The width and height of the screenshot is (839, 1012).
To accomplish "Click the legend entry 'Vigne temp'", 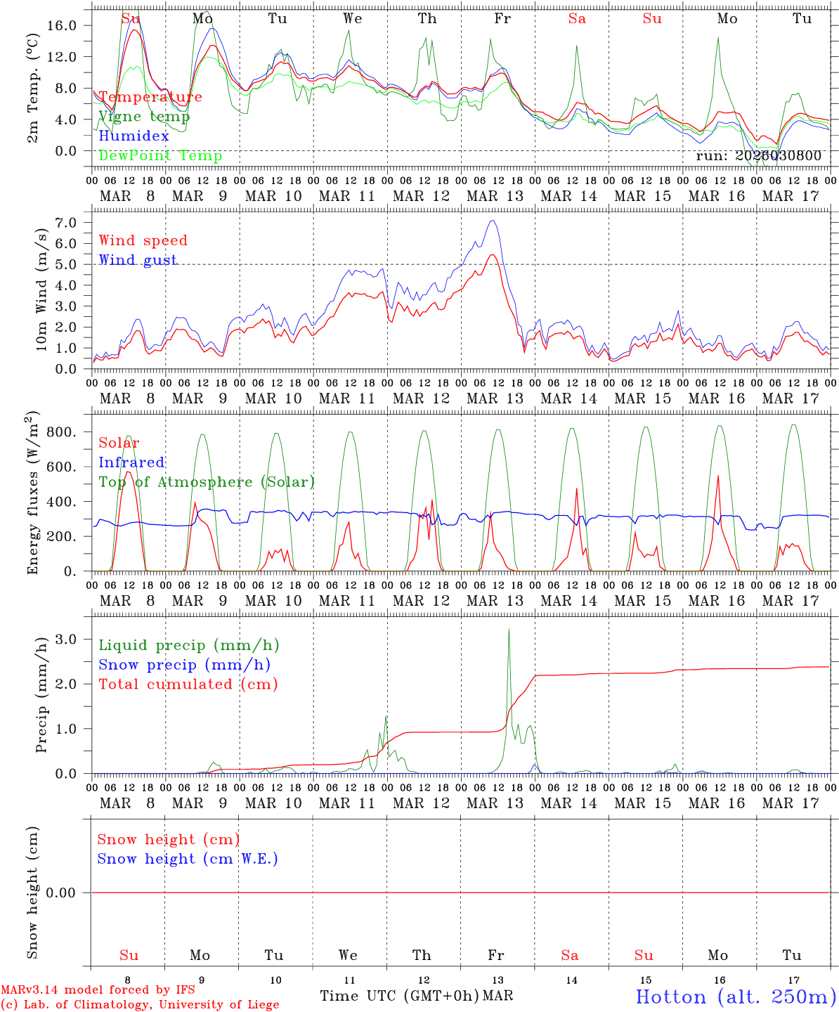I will [140, 117].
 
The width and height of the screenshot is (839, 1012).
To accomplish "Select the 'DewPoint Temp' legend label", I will [160, 156].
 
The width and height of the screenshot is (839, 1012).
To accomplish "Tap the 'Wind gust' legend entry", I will [138, 260].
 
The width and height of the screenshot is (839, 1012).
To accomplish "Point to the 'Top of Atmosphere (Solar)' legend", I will [206, 482].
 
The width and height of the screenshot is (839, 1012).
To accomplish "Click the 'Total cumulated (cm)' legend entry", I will [188, 685].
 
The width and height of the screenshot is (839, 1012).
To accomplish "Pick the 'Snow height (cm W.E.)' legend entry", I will [188, 859].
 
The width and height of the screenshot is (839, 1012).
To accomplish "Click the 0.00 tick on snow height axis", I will [66, 893].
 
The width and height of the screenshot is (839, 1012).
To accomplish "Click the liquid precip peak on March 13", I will [509, 630].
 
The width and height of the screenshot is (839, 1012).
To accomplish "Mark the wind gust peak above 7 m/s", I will [493, 221].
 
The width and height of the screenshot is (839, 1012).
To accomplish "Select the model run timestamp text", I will [758, 156].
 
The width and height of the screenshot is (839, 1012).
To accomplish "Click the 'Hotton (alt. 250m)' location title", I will [736, 997].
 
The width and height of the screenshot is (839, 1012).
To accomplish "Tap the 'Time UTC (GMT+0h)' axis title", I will [399, 996].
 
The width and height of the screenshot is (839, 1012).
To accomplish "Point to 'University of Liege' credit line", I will [140, 1005].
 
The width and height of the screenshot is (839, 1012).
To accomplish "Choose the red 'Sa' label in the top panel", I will [577, 19].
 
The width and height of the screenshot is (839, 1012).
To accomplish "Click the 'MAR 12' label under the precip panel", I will [421, 803].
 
